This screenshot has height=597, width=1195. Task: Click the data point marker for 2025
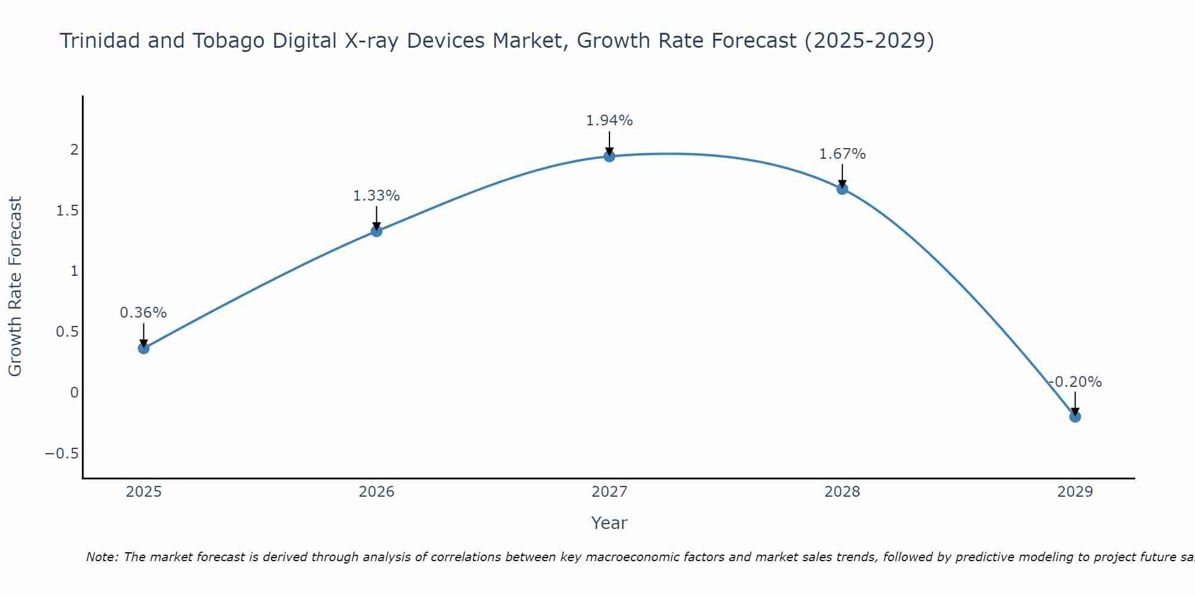pos(143,348)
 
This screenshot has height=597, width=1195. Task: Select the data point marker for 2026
pos(376,231)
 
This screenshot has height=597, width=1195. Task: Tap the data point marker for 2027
pos(609,156)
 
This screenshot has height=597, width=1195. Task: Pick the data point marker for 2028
pos(842,189)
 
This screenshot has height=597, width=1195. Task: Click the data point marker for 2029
pos(1075,417)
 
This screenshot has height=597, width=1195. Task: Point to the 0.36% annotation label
pos(143,313)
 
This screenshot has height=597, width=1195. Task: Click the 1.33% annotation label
pos(376,196)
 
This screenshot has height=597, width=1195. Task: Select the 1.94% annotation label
pos(609,121)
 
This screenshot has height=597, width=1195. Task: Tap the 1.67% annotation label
pos(842,154)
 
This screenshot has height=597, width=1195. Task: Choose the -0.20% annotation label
pos(1075,382)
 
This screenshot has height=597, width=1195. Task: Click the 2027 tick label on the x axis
pos(609,492)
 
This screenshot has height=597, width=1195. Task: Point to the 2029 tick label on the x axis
pos(1075,492)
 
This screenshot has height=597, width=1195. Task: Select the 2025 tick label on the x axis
pos(143,492)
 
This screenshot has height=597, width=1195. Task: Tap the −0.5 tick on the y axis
pos(62,454)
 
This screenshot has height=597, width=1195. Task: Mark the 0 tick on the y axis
pos(74,393)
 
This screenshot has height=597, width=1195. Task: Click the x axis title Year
pos(609,523)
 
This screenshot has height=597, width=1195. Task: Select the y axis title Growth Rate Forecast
pos(16,287)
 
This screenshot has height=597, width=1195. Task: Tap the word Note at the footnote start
pos(102,557)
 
